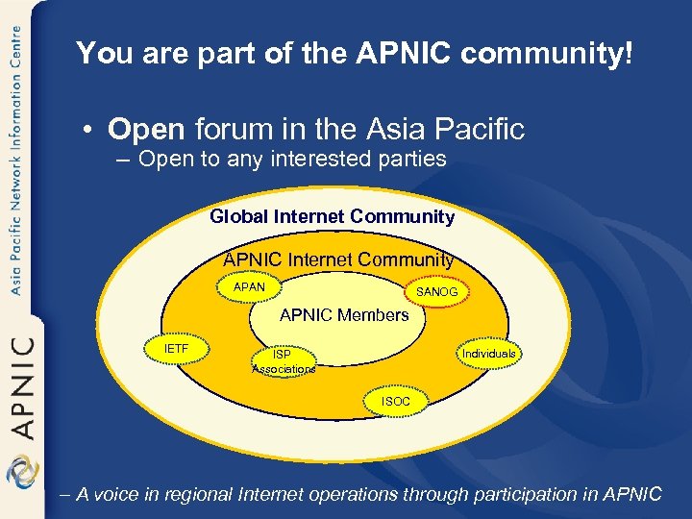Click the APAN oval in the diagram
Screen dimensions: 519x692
[x=249, y=287]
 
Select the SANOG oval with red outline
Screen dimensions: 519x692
[x=437, y=291]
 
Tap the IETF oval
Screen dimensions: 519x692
[x=177, y=349]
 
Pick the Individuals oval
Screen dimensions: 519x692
[x=488, y=354]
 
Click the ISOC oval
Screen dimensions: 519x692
[x=395, y=401]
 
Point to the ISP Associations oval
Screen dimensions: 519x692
[x=283, y=361]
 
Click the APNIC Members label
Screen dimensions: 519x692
[x=344, y=315]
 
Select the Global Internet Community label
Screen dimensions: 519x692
[x=332, y=217]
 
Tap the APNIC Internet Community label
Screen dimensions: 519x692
[x=338, y=259]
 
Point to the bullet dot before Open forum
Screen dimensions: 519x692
[x=87, y=130]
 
